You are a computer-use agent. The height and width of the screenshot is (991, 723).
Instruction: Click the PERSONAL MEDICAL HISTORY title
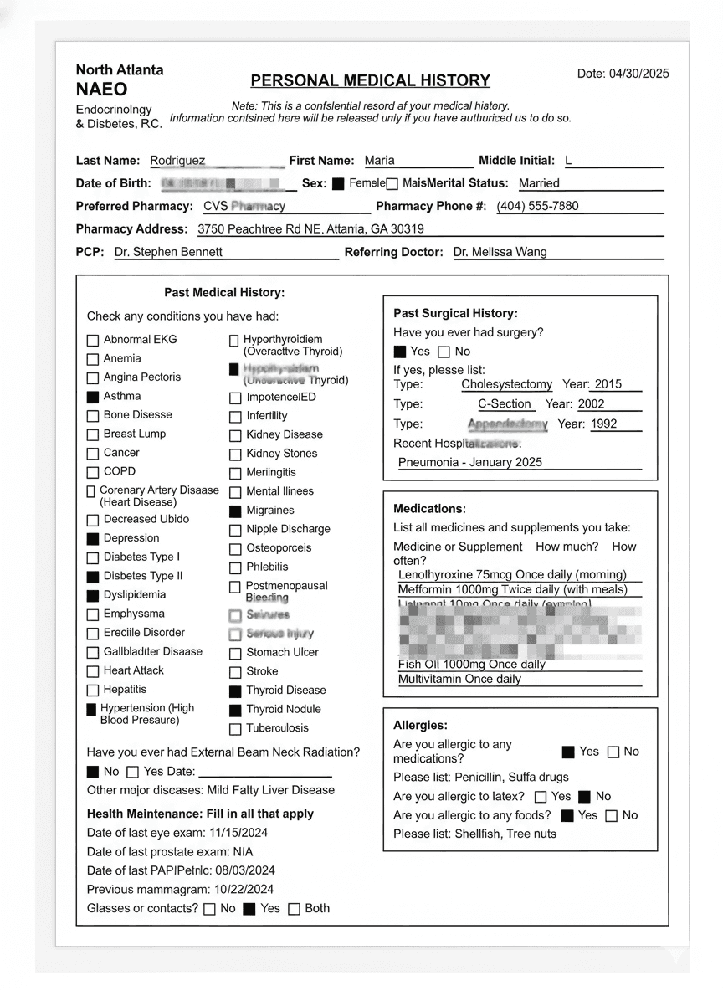(370, 81)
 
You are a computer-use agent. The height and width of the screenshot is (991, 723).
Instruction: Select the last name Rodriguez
(177, 161)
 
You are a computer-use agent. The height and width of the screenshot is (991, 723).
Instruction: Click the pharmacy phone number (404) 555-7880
(537, 206)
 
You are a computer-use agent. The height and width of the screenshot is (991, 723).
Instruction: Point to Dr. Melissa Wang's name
(500, 252)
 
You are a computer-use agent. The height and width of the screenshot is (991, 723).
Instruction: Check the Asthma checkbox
(93, 397)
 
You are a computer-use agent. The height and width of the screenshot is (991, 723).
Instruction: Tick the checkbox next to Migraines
(235, 511)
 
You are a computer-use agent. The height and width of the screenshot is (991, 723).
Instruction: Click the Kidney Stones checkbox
(235, 454)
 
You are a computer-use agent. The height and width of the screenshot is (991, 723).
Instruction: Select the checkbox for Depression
(93, 539)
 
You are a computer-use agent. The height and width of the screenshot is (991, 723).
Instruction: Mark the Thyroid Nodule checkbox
(235, 710)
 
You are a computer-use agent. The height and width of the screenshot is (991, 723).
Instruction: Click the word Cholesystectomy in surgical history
(507, 385)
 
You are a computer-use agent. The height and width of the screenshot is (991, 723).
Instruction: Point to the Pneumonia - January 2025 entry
(470, 462)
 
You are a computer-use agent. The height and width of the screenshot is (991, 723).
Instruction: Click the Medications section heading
(429, 509)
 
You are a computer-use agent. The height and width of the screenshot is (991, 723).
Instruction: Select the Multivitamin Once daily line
(459, 680)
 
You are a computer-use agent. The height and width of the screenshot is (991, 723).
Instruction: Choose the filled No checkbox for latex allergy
(585, 797)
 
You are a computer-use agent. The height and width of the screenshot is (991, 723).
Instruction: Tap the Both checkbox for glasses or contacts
(294, 909)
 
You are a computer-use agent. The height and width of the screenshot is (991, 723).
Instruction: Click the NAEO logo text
(101, 90)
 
